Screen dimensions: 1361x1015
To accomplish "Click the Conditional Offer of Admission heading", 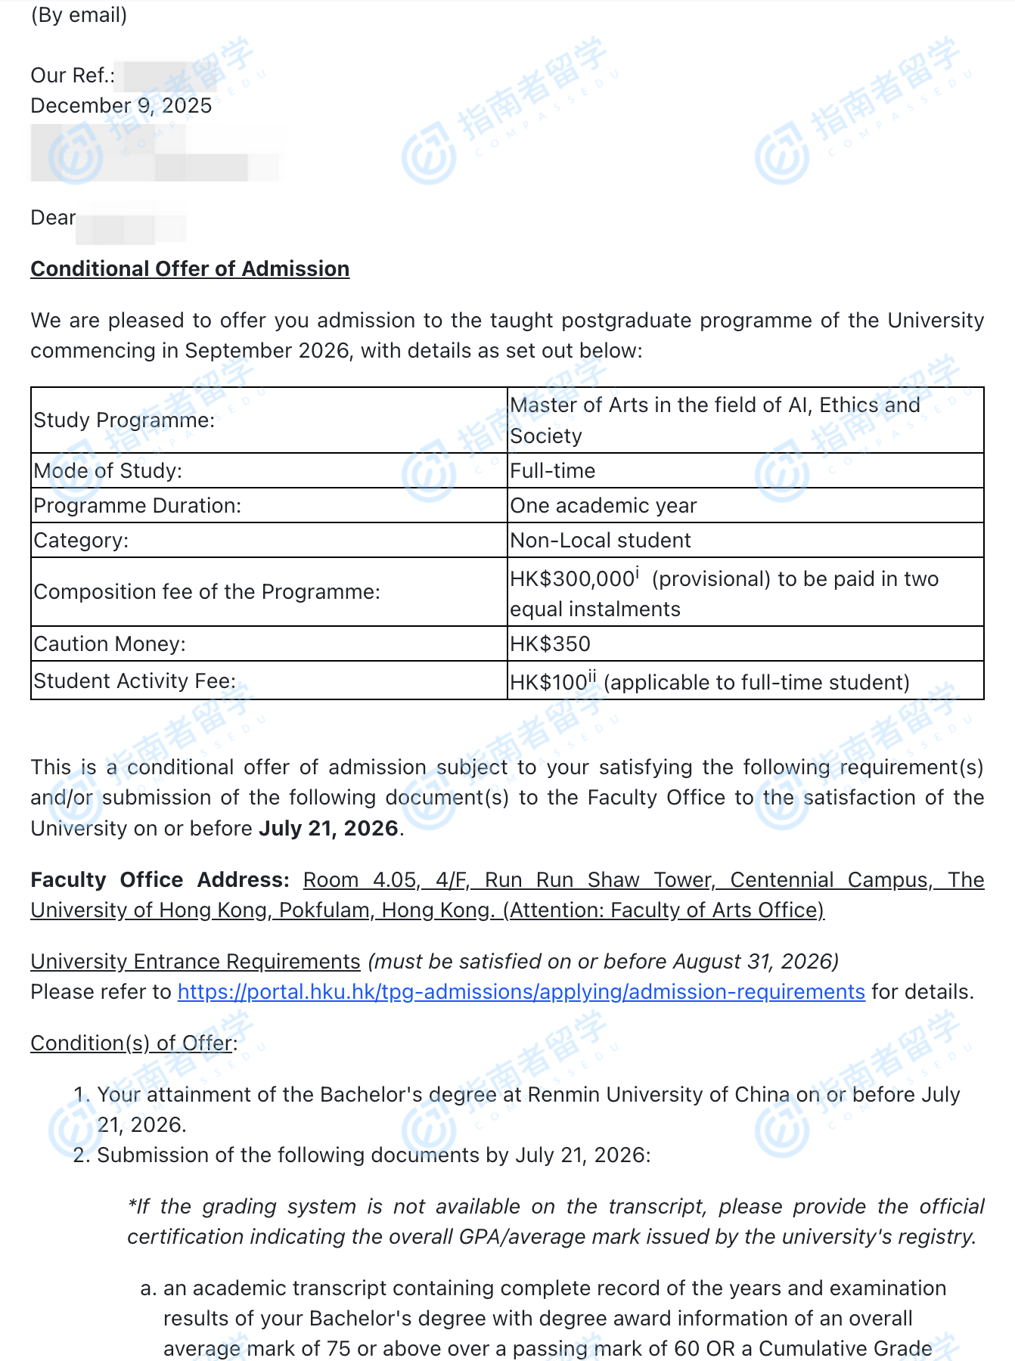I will [x=190, y=269].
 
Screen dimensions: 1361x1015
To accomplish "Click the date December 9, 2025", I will [x=121, y=106].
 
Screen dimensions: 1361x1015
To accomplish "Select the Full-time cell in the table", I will [x=553, y=471].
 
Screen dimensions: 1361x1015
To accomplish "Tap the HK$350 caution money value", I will [x=550, y=644].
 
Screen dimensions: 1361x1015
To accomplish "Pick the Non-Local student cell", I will [x=601, y=541].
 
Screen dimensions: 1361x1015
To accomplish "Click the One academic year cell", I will [x=604, y=506].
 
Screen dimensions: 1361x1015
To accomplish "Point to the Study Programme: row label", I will [x=124, y=420].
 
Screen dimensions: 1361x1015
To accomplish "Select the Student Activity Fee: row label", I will [x=135, y=681].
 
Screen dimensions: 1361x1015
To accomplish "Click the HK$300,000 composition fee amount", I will [x=572, y=579].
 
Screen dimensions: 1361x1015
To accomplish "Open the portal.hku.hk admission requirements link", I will [x=521, y=992].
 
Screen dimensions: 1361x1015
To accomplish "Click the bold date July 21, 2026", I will [x=328, y=829].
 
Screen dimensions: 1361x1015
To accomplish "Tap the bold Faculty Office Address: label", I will [x=160, y=880].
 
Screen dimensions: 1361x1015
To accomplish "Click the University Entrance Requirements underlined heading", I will [x=195, y=962].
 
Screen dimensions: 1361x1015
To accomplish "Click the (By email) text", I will [x=79, y=15].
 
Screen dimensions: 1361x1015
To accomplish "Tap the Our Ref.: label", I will [x=73, y=76].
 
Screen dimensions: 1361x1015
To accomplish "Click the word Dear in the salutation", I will [x=53, y=218].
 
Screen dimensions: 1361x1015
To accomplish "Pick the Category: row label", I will [x=81, y=541].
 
